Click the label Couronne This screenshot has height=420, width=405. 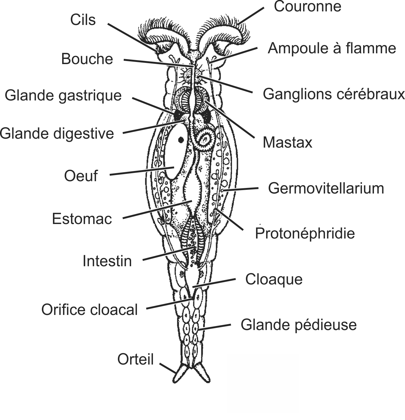(307, 7)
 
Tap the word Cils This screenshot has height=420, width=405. (83, 20)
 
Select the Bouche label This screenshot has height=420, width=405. (87, 59)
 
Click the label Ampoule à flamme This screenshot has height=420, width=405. (331, 48)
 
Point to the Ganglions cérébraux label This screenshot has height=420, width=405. (334, 94)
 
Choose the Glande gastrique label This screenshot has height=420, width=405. (63, 95)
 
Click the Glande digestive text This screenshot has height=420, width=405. (57, 134)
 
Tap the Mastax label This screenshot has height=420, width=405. (287, 142)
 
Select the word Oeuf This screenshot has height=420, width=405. (81, 176)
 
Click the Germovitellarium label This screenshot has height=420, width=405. (326, 188)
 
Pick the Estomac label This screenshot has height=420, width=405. (82, 219)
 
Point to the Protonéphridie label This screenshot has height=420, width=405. (305, 233)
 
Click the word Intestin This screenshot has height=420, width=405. (107, 261)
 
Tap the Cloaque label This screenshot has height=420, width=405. (274, 279)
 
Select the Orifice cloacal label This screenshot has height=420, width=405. (90, 310)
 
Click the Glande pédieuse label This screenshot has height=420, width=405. (298, 324)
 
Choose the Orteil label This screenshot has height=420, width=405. (135, 359)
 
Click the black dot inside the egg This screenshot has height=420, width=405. (181, 140)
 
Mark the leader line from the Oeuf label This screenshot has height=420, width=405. (142, 171)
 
